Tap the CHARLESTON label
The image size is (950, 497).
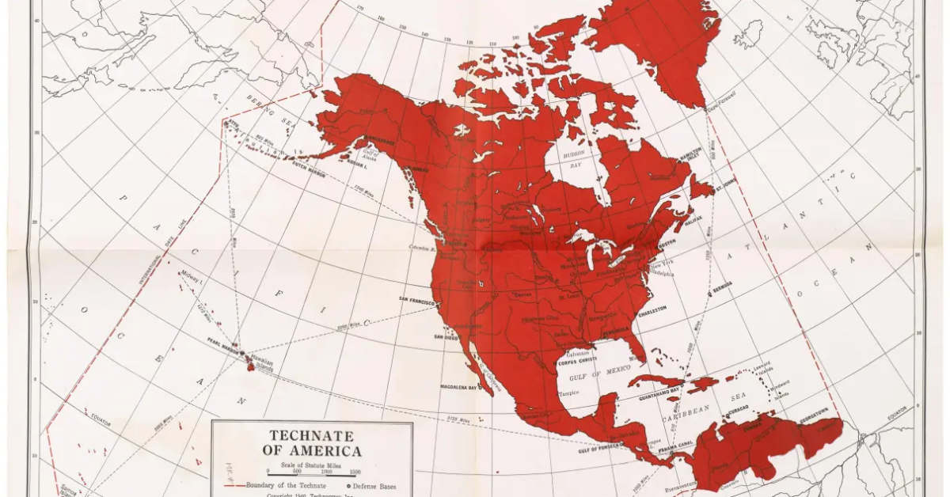(x=652, y=308)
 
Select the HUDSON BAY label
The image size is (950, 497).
(x=573, y=161)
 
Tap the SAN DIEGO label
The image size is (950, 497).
(x=445, y=336)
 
